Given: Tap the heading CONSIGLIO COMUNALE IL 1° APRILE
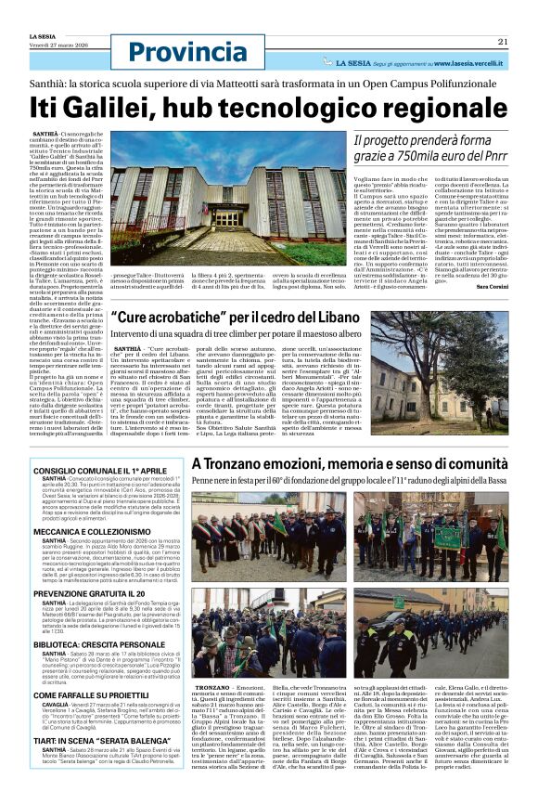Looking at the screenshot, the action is coord(94,471).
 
